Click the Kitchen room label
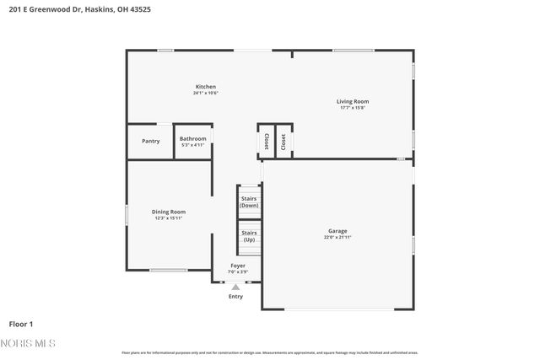tap(206, 87)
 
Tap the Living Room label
tap(354, 101)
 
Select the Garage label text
tap(337, 231)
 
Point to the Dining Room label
tap(169, 212)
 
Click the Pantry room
tap(150, 141)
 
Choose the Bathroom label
tap(192, 138)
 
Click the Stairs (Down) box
tap(249, 202)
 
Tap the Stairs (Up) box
tap(249, 236)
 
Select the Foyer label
tap(238, 266)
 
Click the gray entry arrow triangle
tap(235, 287)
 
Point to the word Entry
tap(235, 296)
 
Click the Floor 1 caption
tap(21, 323)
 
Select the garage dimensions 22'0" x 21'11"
tap(337, 238)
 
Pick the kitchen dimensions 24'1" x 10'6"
tap(206, 93)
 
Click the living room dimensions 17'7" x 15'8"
tap(354, 108)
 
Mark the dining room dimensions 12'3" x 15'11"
tap(169, 218)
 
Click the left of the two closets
tap(266, 142)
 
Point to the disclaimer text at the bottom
tap(269, 352)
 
